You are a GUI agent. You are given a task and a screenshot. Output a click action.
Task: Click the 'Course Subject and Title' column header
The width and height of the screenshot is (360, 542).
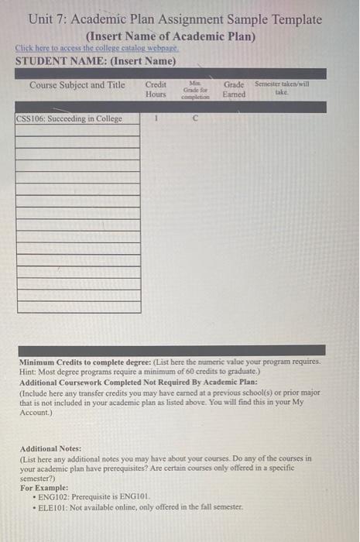(77, 84)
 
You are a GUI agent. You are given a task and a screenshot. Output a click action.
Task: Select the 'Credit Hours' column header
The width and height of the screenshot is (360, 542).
(156, 89)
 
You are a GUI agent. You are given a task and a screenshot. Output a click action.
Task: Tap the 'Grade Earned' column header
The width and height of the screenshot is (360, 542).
(234, 89)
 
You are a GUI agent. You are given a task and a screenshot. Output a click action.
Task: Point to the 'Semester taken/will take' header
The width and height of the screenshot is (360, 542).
(282, 87)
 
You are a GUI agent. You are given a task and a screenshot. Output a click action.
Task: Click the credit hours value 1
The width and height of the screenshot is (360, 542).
(156, 119)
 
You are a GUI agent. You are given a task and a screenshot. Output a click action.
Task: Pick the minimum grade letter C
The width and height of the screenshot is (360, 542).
(195, 119)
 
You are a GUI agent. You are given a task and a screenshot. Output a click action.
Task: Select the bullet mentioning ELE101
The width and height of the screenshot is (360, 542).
(145, 507)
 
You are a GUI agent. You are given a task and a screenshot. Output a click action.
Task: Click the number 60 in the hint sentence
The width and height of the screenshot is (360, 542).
(211, 372)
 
